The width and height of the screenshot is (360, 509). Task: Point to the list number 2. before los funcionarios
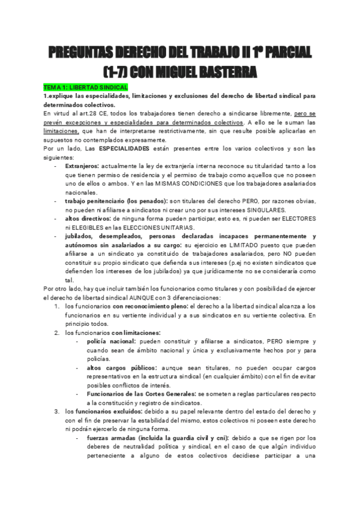tap(56, 333)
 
